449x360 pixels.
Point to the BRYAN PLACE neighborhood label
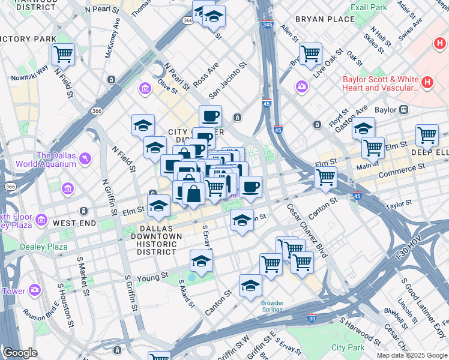(x=325, y=19)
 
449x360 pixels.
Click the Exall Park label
(x=369, y=7)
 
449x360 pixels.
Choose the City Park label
(x=348, y=347)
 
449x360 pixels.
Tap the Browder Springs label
(x=272, y=307)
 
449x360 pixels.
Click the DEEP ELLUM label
(x=429, y=152)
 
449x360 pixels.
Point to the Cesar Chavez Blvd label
(x=307, y=232)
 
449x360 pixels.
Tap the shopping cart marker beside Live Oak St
(x=310, y=53)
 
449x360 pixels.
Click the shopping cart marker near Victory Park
(x=63, y=54)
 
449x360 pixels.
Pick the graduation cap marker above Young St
(x=201, y=260)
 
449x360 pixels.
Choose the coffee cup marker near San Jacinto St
(x=210, y=115)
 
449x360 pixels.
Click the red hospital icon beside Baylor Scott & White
(x=427, y=82)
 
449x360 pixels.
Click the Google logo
(x=20, y=353)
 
